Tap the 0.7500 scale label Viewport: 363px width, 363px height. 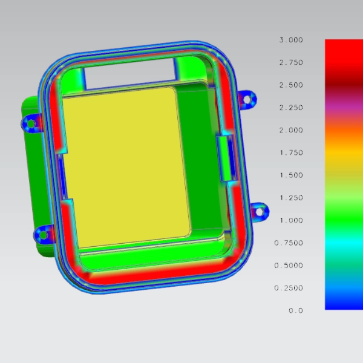click(289, 243)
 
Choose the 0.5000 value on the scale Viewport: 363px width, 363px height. click(289, 266)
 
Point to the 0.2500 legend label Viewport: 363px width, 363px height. click(289, 288)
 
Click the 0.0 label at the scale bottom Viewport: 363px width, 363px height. click(296, 310)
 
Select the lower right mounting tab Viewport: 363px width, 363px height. click(260, 211)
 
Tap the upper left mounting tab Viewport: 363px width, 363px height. click(30, 123)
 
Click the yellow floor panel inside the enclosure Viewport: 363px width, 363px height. click(124, 166)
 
